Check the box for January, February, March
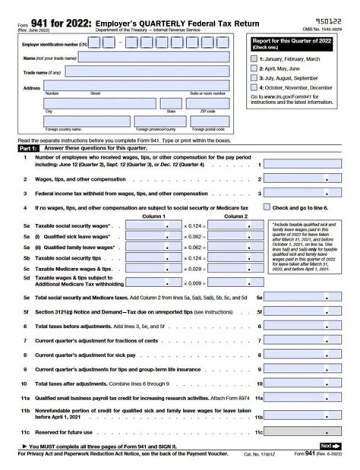click(254, 59)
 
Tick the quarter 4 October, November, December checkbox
click(254, 87)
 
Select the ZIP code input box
click(207, 103)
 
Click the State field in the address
click(171, 103)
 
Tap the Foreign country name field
click(86, 121)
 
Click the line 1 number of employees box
click(302, 164)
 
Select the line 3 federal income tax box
click(302, 193)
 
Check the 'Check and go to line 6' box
click(266, 207)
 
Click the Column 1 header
click(153, 216)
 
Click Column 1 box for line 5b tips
click(153, 258)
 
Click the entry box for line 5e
click(302, 297)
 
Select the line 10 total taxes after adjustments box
click(302, 384)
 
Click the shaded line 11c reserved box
click(302, 431)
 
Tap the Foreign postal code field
click(209, 121)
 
